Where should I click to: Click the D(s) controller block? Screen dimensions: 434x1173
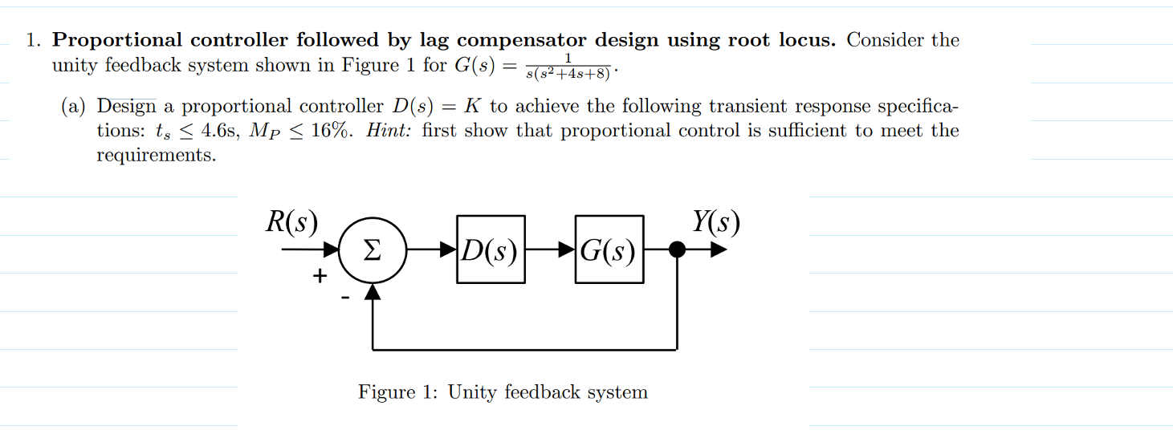tap(491, 249)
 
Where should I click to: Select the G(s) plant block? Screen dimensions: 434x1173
tap(609, 249)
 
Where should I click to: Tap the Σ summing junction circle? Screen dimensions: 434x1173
tap(372, 249)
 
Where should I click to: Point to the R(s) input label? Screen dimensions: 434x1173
tap(291, 222)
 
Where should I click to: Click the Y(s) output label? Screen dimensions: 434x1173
tap(715, 222)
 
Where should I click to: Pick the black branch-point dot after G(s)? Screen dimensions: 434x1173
tap(678, 249)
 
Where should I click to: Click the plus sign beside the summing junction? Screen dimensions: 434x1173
tap(320, 277)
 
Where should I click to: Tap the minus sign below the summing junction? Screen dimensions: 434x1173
tap(345, 298)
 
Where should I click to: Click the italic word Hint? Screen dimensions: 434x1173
tap(391, 132)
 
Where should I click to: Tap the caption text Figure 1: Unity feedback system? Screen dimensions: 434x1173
tap(503, 392)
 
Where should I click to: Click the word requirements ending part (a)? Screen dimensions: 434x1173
tap(156, 156)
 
